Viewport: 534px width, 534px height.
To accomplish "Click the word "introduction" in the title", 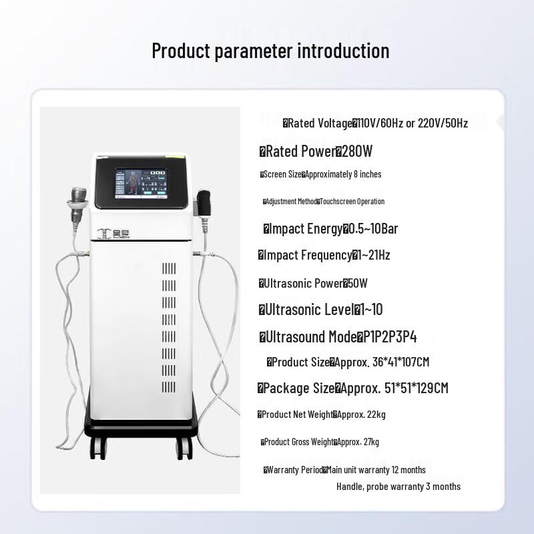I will click(x=344, y=51).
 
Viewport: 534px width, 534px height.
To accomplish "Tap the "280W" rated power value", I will click(x=357, y=152).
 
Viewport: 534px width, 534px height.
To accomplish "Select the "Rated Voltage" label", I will click(x=320, y=123).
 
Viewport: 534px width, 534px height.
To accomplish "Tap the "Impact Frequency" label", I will click(x=308, y=255).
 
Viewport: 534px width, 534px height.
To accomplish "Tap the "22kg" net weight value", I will click(x=375, y=415).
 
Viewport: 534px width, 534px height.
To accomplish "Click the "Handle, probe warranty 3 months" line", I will click(x=398, y=487).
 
